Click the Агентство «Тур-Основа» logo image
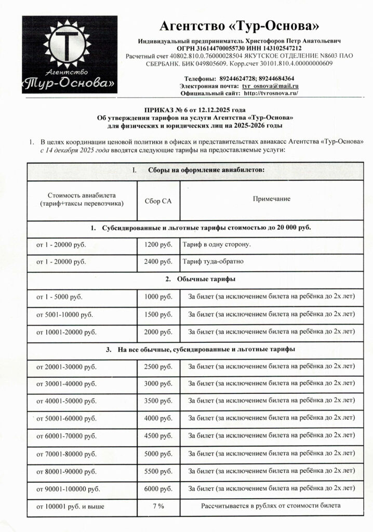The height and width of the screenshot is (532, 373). pos(69,55)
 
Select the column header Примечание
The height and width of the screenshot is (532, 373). pos(271,199)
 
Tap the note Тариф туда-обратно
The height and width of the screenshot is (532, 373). pos(213,261)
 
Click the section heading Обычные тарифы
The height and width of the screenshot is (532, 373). pos(201,279)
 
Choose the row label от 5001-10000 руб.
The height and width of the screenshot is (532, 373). pos(65,314)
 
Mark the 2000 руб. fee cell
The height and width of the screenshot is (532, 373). pos(158,332)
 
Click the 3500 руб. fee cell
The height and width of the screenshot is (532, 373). pos(158,401)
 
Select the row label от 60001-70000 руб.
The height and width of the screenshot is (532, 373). pos(66,436)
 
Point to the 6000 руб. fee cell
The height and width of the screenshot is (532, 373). pos(158,488)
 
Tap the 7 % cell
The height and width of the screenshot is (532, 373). pos(158,506)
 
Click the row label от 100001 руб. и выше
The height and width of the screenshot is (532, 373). pos(70,506)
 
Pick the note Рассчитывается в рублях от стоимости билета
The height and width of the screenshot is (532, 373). pos(271,506)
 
